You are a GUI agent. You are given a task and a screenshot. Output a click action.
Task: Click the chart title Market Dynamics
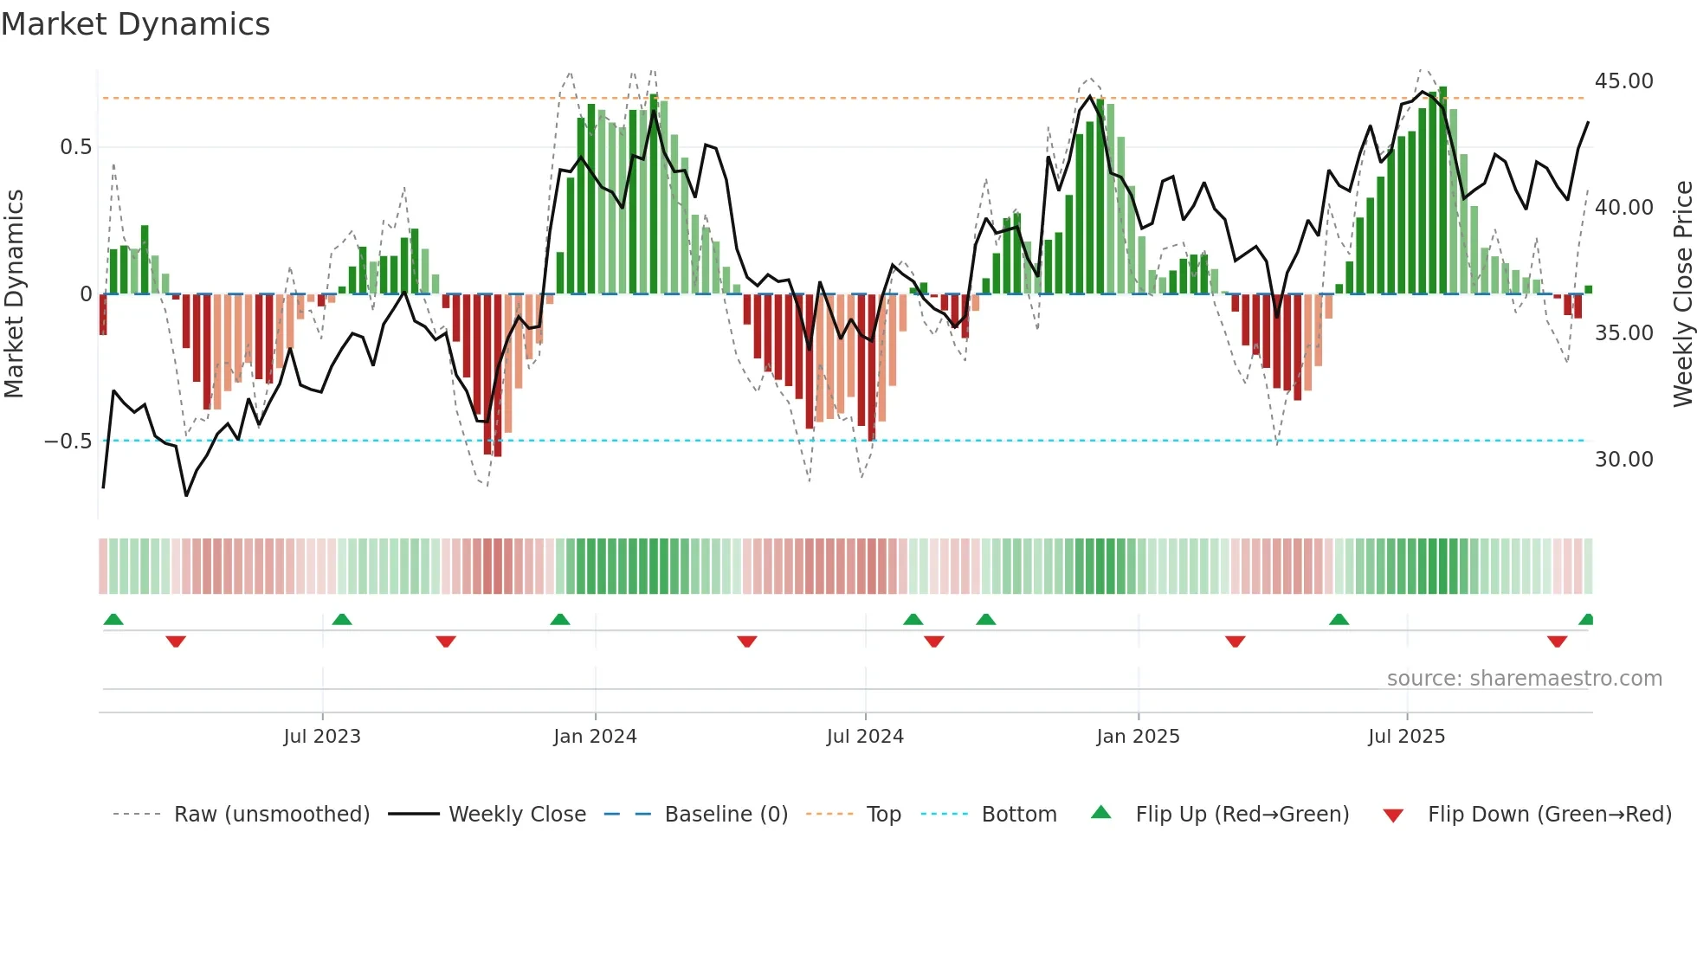point(136,24)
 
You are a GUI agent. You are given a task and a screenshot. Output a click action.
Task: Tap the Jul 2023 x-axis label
point(321,736)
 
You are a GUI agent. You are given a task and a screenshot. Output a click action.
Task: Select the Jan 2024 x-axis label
point(595,736)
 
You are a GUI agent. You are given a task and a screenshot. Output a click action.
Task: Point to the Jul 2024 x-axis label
point(865,736)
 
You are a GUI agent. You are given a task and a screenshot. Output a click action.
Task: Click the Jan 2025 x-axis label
point(1138,736)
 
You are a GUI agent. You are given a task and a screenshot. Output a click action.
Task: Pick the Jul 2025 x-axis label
point(1406,736)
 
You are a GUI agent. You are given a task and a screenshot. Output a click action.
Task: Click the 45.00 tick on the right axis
point(1623,81)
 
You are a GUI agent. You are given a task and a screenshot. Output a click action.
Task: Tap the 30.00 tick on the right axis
point(1623,459)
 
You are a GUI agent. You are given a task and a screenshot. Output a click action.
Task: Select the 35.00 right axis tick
point(1623,333)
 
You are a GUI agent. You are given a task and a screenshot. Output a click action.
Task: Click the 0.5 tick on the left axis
point(75,147)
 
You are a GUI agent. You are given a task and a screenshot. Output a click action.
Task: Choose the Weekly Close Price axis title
point(1682,293)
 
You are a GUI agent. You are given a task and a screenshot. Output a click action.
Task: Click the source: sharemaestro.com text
point(1524,679)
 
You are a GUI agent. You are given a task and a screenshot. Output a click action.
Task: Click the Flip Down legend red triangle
point(1393,815)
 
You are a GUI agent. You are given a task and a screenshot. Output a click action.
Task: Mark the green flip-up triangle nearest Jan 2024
point(560,619)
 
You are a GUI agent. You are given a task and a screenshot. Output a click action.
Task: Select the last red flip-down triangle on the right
point(1557,641)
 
